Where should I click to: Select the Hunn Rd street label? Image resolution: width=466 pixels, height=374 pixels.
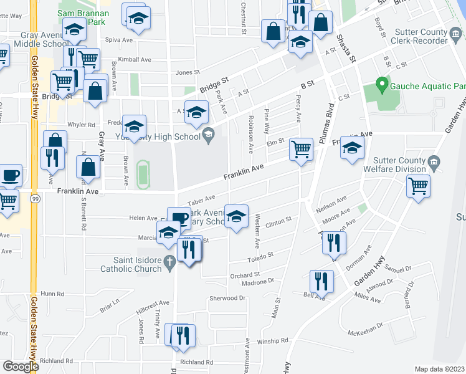(52, 293)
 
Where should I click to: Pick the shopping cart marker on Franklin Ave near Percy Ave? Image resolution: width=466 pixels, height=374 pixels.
(302, 150)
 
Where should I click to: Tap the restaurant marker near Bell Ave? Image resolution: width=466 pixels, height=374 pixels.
(321, 281)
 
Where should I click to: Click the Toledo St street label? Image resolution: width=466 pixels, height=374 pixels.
(260, 255)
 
